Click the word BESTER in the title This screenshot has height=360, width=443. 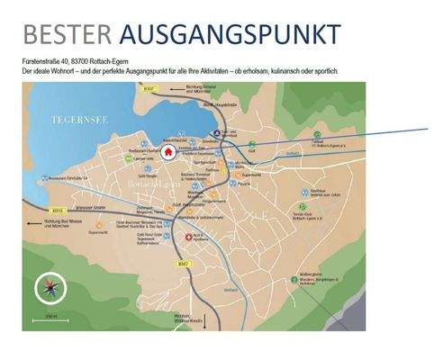pyautogui.click(x=67, y=34)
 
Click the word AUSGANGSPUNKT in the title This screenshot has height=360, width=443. pyautogui.click(x=230, y=34)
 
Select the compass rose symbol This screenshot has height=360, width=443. pyautogui.click(x=47, y=290)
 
